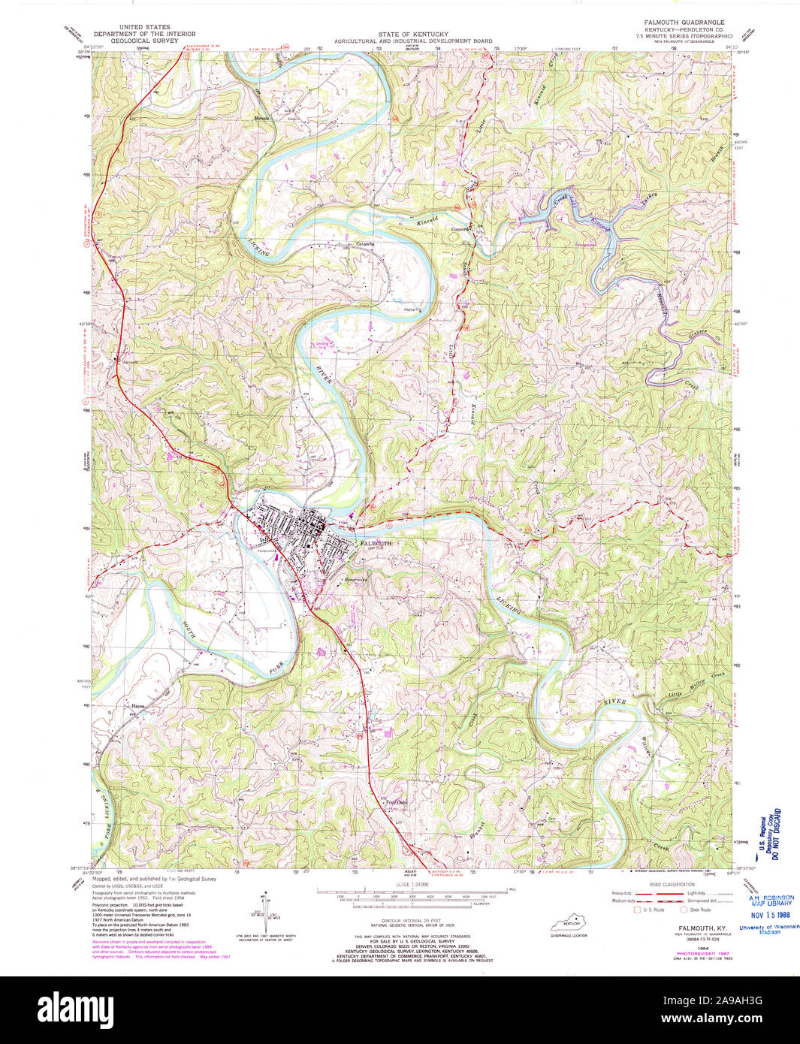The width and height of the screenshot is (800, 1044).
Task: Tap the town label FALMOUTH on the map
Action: [376, 542]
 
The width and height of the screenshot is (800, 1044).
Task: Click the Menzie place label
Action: [261, 119]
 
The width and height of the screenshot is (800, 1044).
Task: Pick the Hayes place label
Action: [137, 706]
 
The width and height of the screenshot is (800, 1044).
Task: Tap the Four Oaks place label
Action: [397, 803]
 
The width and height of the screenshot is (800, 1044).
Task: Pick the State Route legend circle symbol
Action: [684, 910]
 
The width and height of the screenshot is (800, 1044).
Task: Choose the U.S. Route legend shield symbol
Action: [637, 910]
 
